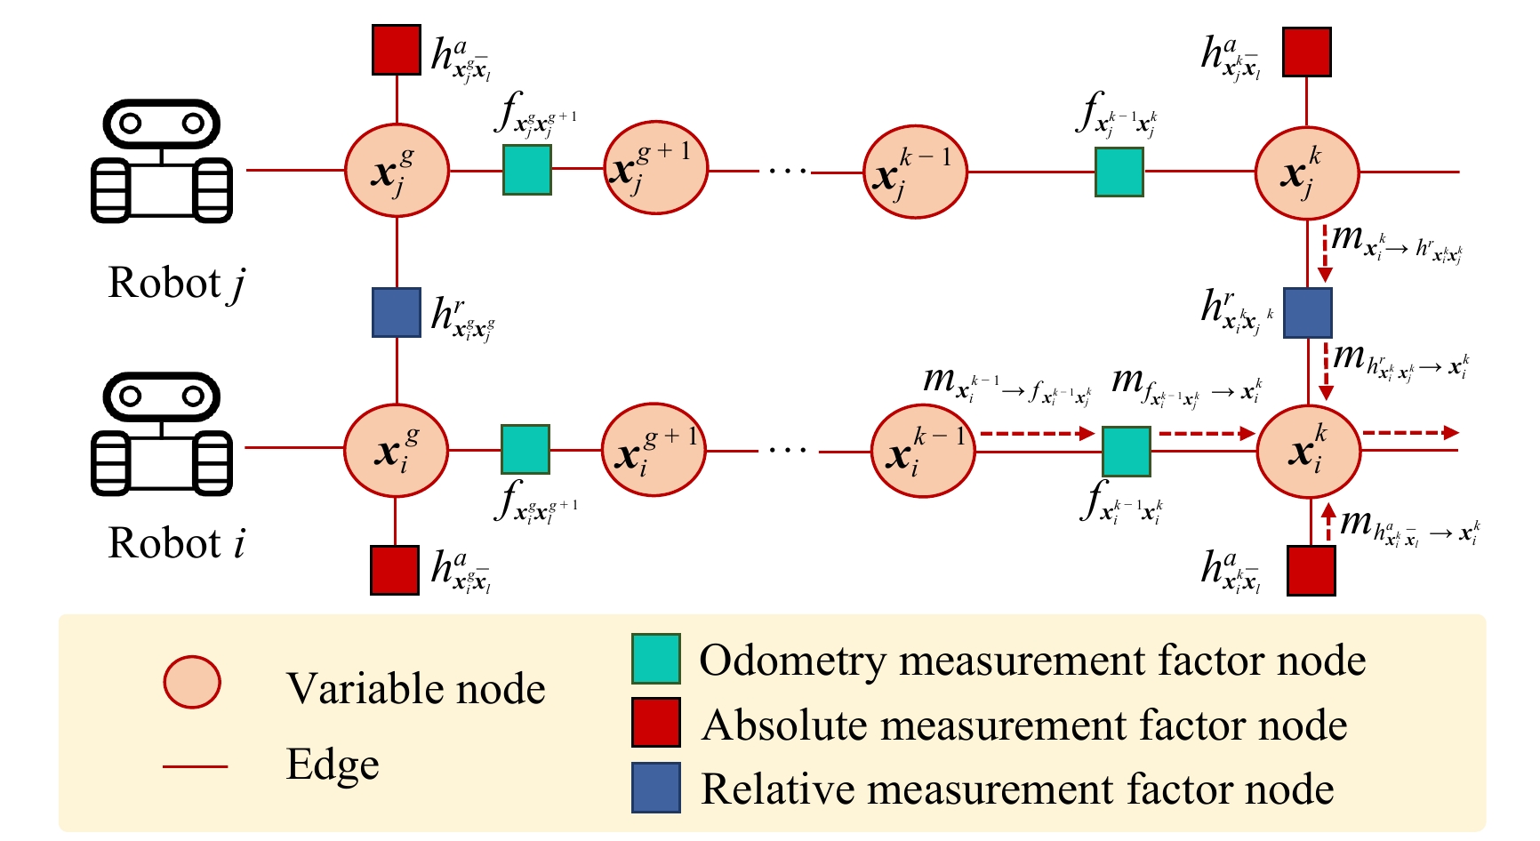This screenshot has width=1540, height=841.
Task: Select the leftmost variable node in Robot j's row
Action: (397, 170)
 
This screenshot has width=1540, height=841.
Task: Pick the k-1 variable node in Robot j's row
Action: (915, 172)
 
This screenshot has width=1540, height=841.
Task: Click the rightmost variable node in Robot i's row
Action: (1308, 449)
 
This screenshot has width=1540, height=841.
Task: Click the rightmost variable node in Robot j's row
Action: (1306, 172)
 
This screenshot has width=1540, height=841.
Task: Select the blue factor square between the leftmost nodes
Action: (397, 312)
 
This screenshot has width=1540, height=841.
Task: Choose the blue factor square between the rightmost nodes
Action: (1307, 313)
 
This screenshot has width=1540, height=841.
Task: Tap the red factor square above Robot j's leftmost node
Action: (397, 50)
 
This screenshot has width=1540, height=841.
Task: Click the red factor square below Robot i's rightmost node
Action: (1311, 570)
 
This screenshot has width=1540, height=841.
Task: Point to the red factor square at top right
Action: (1306, 52)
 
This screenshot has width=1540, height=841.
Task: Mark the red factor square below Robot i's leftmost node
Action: (395, 570)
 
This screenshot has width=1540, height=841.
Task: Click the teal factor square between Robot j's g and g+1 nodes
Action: (527, 170)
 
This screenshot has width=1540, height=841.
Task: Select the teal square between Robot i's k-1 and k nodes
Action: (1126, 451)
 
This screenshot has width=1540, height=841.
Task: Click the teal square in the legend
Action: (656, 659)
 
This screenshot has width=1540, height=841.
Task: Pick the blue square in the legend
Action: (656, 788)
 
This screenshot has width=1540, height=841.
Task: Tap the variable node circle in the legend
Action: (192, 682)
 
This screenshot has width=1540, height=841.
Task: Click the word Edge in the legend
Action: (333, 765)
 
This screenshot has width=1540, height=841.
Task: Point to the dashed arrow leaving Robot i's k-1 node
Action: (1037, 434)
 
